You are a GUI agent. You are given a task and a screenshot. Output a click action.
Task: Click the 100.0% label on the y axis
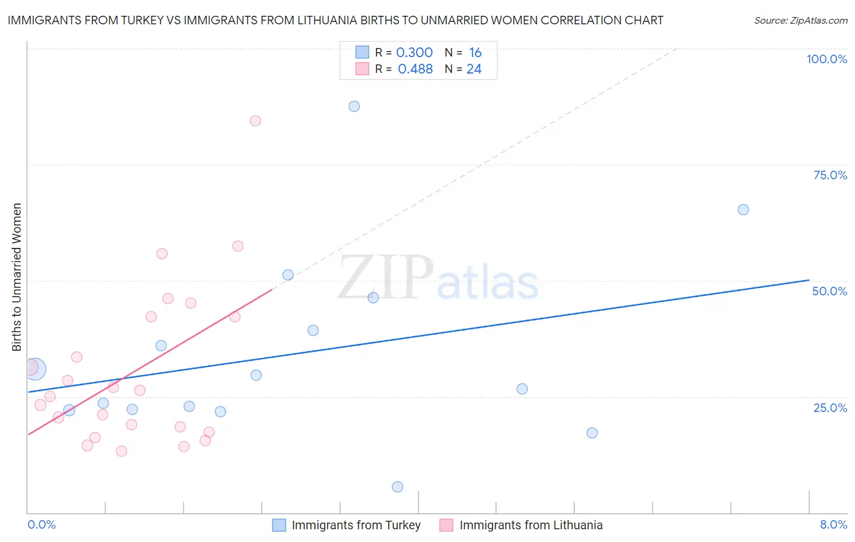[826, 59]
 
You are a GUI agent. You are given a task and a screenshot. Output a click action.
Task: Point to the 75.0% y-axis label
[830, 175]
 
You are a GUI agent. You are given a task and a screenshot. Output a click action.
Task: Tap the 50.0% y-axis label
[829, 291]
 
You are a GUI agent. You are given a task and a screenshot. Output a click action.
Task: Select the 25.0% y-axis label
[830, 408]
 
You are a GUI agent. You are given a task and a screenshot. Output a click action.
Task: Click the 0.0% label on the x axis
[41, 525]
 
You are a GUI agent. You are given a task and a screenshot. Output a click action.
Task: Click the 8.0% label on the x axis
[833, 525]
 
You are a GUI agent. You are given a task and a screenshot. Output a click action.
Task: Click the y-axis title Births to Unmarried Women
[17, 277]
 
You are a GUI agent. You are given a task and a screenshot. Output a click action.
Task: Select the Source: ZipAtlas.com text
[800, 21]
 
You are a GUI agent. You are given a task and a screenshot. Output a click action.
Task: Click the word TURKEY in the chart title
[141, 20]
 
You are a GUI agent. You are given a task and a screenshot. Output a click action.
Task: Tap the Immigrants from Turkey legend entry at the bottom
[356, 526]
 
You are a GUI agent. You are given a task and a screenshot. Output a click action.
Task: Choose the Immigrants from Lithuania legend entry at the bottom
[530, 526]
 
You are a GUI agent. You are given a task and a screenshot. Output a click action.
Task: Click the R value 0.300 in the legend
[414, 53]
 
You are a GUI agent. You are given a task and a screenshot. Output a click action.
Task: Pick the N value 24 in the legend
[474, 69]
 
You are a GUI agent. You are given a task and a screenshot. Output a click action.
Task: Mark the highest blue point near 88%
[354, 106]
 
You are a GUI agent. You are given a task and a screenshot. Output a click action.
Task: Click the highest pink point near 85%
[255, 121]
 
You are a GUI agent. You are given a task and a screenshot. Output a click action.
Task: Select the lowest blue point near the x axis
[398, 487]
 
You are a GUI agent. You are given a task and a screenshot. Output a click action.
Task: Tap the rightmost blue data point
[743, 210]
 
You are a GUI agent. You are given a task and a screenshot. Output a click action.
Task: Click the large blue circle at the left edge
[35, 369]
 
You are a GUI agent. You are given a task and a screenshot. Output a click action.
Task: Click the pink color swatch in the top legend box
[362, 69]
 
